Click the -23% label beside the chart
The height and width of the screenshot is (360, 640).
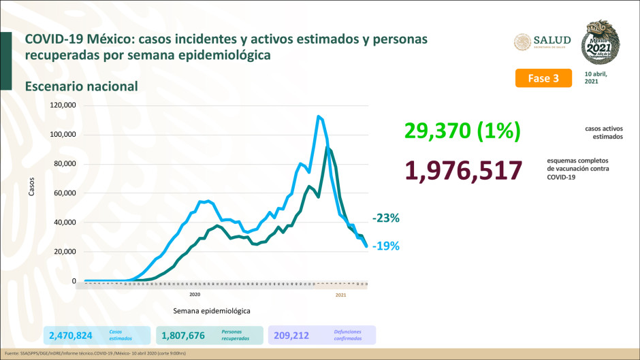coord(385,218)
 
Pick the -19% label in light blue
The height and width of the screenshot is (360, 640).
coord(385,246)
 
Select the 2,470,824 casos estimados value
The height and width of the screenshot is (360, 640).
coord(75,336)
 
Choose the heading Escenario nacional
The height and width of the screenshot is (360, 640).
coord(81,86)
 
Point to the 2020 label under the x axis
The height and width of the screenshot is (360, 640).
coord(195,295)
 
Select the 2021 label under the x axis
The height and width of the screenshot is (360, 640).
coord(341,295)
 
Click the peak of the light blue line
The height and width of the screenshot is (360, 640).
coord(318,116)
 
